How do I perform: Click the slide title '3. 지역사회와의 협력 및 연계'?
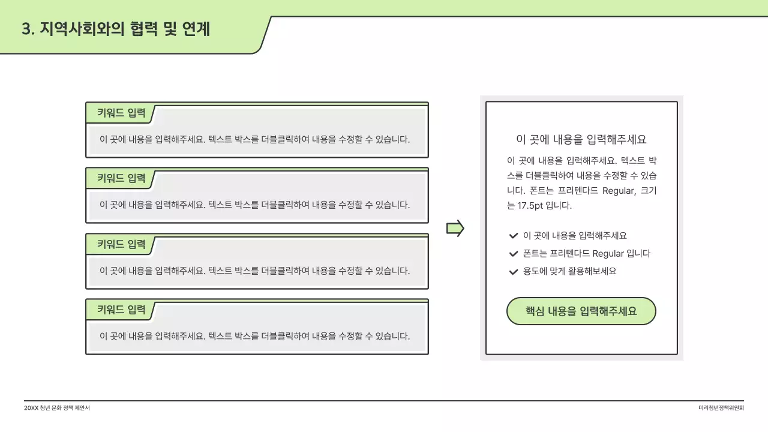tap(116, 29)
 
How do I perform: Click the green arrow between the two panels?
tap(455, 228)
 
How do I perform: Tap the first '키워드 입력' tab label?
tap(121, 113)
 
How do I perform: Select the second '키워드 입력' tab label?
tap(121, 178)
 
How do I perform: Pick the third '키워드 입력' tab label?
tap(121, 244)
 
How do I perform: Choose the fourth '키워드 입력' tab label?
tap(121, 310)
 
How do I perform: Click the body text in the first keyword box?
tap(254, 139)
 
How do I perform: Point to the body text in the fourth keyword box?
tap(254, 336)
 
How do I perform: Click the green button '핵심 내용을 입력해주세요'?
tap(581, 311)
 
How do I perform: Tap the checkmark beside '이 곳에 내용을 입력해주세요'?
tap(513, 236)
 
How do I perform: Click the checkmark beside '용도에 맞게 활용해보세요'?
tap(513, 271)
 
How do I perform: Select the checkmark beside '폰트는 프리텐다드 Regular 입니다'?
tap(513, 254)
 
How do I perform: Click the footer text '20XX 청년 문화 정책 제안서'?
tap(57, 408)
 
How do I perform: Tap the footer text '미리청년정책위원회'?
tap(721, 408)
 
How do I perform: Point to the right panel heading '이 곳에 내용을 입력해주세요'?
tap(581, 139)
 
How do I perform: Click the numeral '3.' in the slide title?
tap(28, 29)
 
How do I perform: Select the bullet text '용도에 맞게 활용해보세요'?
tap(569, 271)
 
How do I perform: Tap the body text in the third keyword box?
tap(254, 271)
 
